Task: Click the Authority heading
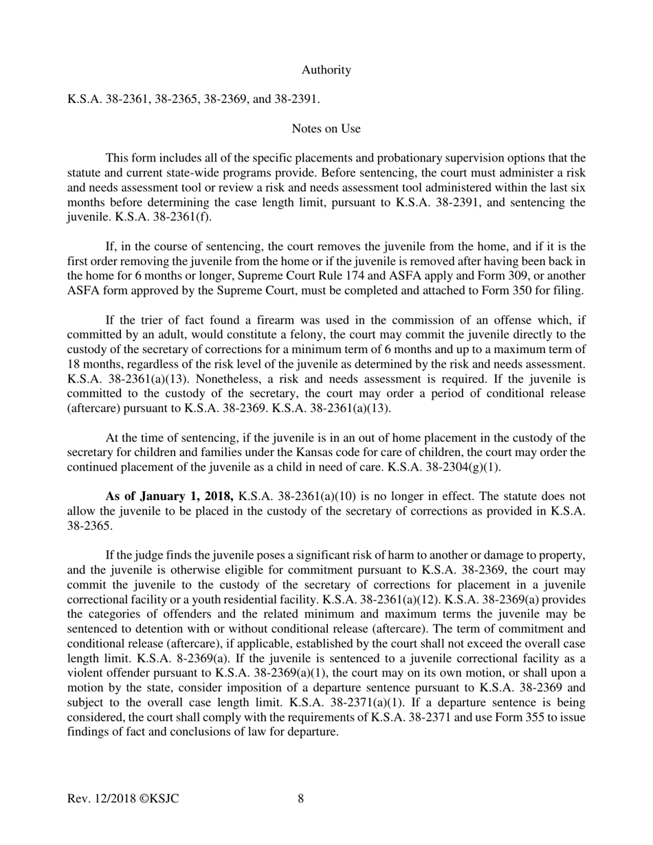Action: [326, 70]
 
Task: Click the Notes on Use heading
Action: [326, 128]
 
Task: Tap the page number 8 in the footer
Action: [301, 798]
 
